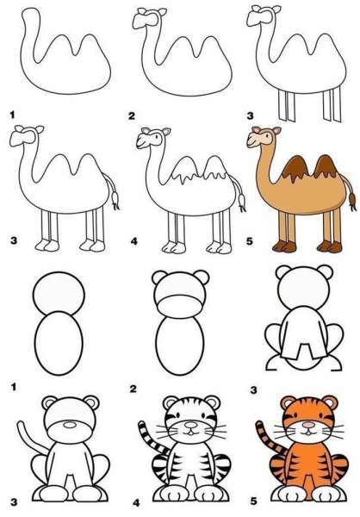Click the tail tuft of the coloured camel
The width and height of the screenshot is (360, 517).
point(352,201)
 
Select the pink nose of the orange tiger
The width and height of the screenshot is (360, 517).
point(308,425)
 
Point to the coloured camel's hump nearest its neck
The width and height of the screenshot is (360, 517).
point(295,169)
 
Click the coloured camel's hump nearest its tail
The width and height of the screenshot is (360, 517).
point(325,166)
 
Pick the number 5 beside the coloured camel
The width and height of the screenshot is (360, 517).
point(249,241)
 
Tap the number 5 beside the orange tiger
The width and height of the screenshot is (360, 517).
point(253,501)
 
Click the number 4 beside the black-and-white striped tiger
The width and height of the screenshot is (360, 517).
point(136,503)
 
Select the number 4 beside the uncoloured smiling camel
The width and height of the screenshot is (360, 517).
point(133,241)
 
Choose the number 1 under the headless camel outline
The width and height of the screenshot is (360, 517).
point(13,115)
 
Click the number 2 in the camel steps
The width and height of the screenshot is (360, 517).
point(132,115)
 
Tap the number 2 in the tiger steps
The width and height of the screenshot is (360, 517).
point(133,389)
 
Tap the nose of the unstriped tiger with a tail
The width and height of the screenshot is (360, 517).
point(70,425)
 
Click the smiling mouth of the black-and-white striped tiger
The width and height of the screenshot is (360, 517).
point(191,432)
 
